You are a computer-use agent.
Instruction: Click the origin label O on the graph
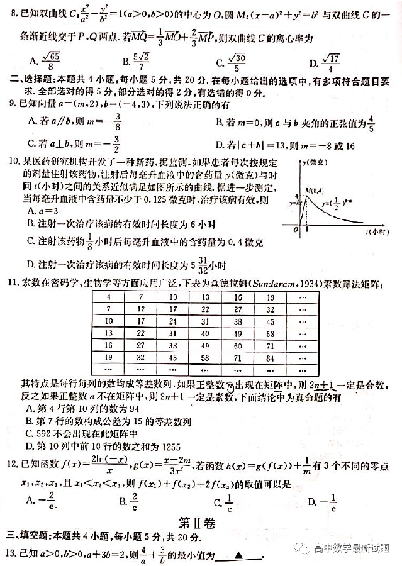pos(294,231)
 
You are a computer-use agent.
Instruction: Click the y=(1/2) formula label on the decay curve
pos(335,204)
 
